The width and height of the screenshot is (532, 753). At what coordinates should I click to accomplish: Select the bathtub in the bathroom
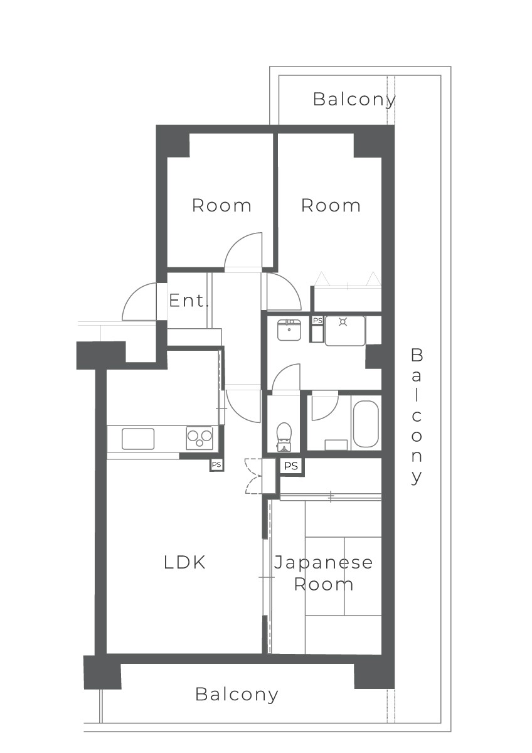366,424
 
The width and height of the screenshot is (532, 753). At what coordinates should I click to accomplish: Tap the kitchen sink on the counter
138,439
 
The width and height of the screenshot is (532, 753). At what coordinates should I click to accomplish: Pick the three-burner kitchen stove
199,438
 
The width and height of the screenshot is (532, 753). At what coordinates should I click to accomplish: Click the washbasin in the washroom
289,329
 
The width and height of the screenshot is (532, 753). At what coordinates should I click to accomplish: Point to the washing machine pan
345,331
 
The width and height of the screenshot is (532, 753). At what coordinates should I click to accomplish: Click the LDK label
184,562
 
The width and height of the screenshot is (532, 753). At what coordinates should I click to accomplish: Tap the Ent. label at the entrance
188,300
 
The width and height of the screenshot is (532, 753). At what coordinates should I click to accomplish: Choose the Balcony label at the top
354,100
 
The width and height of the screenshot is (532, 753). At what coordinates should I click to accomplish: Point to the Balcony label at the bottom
237,695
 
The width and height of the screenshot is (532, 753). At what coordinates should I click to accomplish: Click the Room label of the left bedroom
221,205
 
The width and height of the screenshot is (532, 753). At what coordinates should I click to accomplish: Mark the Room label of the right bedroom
331,205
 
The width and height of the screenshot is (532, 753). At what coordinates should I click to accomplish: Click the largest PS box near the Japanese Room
291,466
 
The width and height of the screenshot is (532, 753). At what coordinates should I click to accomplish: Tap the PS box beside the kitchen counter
216,464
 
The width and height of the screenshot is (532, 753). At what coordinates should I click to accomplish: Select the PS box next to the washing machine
317,321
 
